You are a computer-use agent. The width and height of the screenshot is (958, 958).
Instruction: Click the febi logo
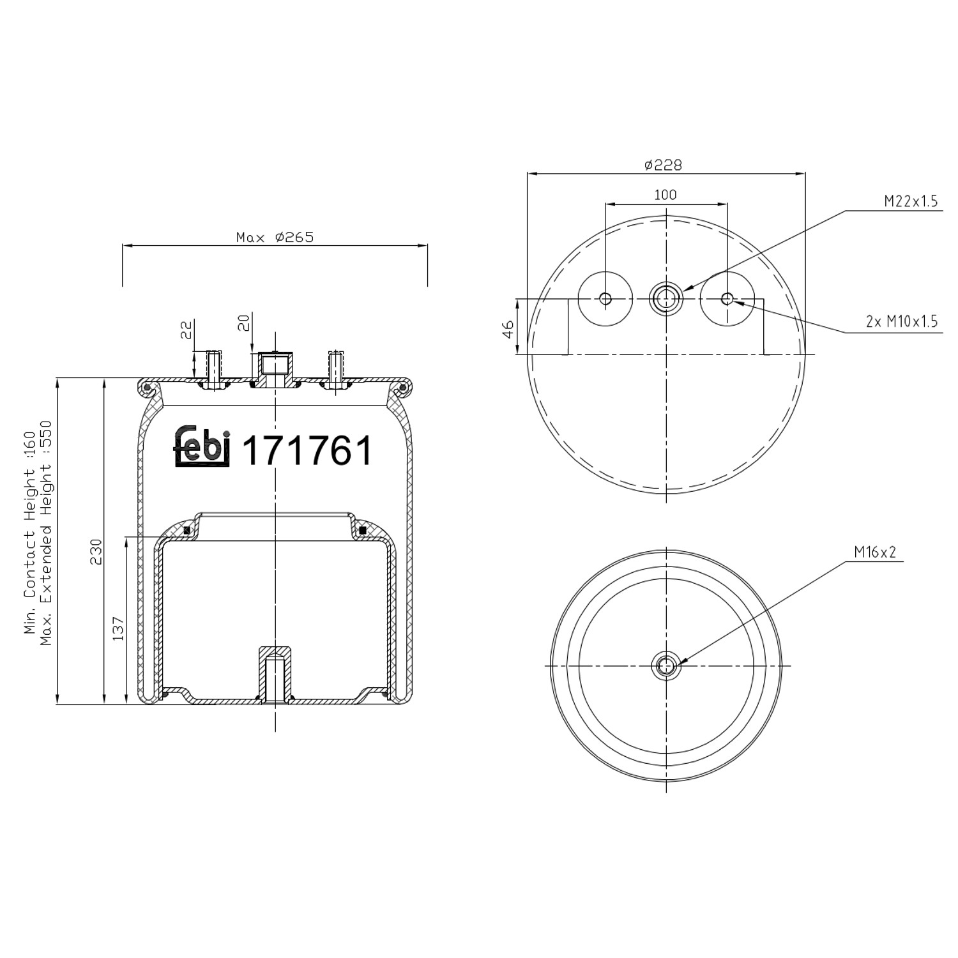click(201, 445)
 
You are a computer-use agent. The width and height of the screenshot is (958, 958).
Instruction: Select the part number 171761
click(307, 451)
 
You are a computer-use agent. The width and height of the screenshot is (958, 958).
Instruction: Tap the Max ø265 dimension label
click(275, 238)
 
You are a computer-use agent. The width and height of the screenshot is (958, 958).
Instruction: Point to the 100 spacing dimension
click(665, 195)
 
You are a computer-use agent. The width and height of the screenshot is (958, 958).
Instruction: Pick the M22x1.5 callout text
click(910, 202)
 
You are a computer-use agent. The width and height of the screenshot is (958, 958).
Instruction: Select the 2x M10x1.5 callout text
click(901, 322)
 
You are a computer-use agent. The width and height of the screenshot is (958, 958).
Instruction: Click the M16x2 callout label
click(875, 552)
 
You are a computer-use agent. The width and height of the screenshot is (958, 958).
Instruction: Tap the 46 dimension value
click(508, 329)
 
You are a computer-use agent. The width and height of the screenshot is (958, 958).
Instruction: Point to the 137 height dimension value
click(118, 628)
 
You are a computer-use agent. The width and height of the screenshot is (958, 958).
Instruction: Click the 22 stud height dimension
click(186, 330)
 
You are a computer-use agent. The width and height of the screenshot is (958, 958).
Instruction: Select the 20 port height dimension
click(243, 323)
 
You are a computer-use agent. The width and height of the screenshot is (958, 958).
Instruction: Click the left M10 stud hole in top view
click(605, 298)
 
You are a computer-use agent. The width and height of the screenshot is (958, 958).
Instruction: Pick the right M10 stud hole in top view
click(727, 298)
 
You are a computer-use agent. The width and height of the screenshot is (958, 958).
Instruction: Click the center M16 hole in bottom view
click(665, 665)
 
